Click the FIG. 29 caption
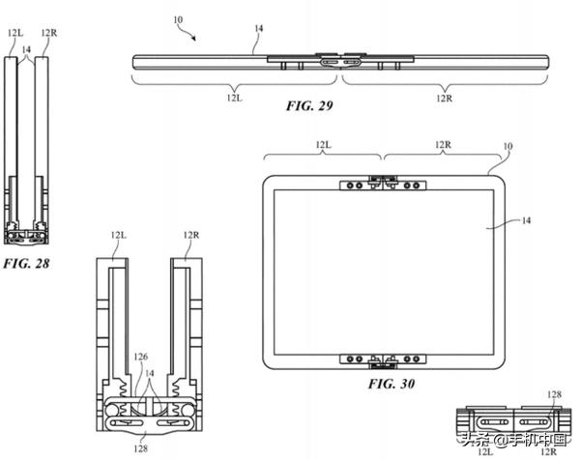(309, 105)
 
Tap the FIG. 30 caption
(391, 384)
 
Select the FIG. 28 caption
(26, 263)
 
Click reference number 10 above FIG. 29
(178, 19)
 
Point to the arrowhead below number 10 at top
(193, 38)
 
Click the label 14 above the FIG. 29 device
(258, 28)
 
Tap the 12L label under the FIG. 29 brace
(235, 98)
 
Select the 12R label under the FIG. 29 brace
(444, 98)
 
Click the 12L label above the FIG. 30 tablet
(323, 144)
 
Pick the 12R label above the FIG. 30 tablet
(443, 144)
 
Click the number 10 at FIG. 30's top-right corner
(507, 146)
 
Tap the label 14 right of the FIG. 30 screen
(526, 220)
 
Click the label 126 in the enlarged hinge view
(140, 357)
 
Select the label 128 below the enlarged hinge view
(140, 448)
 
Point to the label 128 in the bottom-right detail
(554, 394)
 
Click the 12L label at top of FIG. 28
(15, 33)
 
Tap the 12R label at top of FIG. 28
(49, 33)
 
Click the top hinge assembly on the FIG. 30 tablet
(383, 183)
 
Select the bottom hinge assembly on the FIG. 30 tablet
(383, 360)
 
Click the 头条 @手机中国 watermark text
(515, 440)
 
